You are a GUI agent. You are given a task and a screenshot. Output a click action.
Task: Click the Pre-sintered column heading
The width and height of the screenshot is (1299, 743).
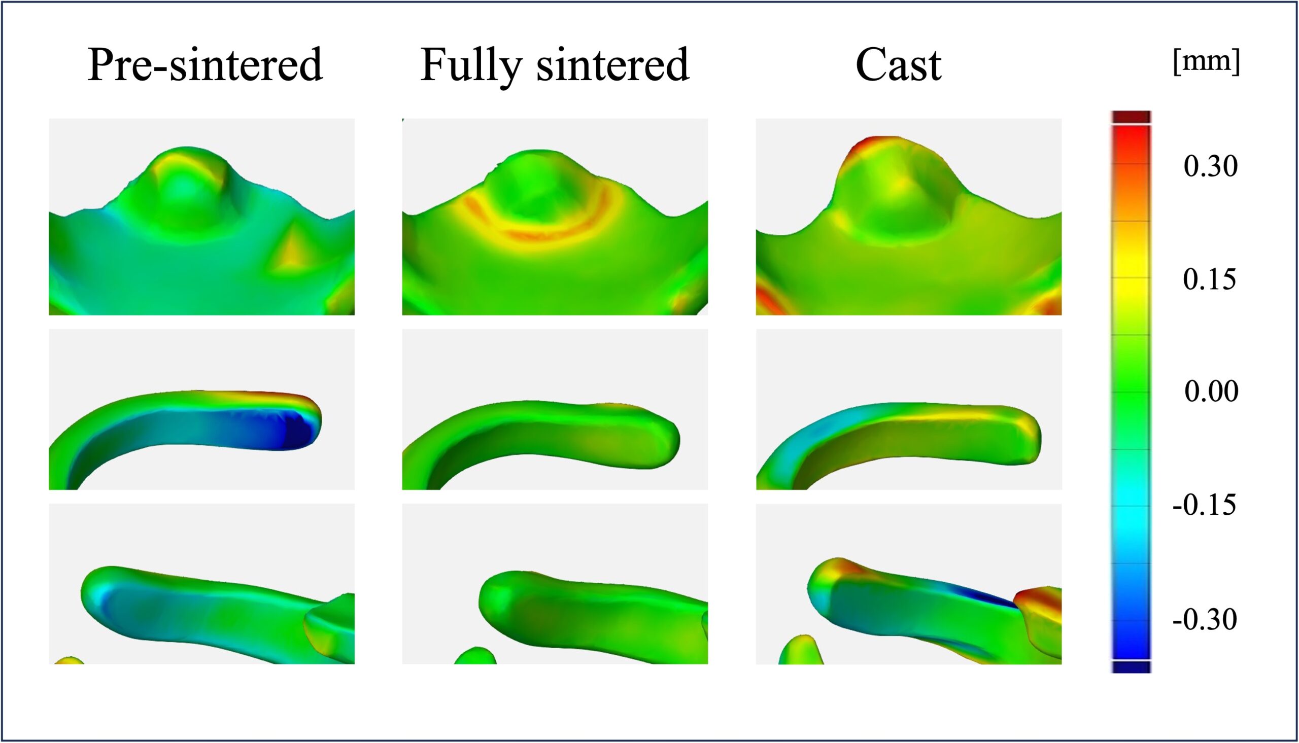205,65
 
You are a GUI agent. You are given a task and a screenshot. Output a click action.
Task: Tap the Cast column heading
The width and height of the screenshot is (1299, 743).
898,65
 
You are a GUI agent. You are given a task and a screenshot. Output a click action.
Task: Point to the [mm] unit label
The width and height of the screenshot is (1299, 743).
1207,62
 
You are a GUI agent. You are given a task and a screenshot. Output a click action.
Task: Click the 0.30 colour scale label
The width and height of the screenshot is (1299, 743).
1211,166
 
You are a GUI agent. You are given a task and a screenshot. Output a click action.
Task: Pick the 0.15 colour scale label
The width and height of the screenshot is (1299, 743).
1210,279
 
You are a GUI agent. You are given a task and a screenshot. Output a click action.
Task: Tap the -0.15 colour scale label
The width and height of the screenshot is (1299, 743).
1205,505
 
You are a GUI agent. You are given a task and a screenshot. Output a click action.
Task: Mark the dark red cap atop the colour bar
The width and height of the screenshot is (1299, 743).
1131,116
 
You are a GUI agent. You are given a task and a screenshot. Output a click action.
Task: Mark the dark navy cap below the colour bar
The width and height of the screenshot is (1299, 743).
1131,667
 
